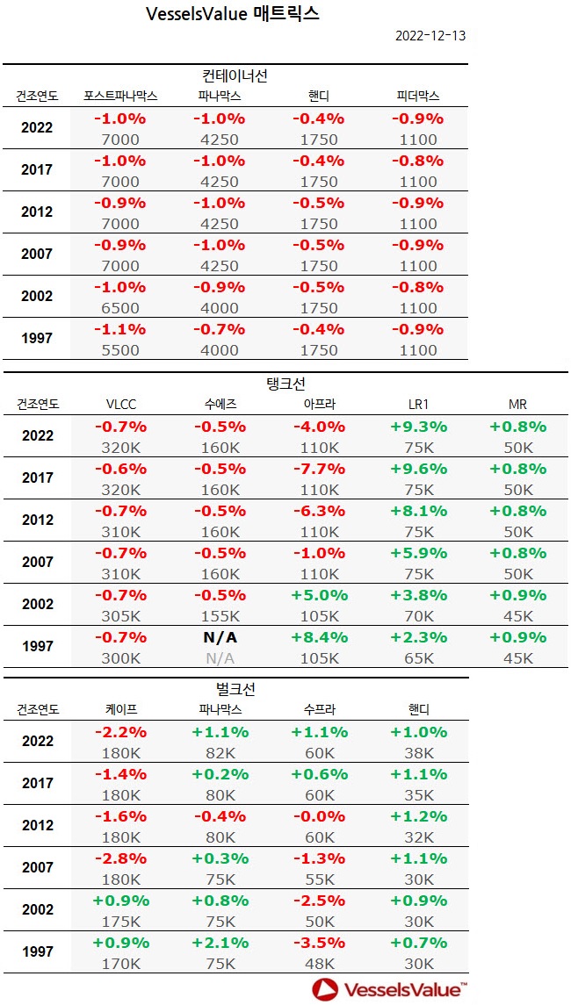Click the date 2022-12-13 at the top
click(430, 36)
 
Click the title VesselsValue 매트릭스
click(232, 14)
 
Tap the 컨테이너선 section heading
click(235, 75)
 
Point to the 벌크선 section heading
click(235, 689)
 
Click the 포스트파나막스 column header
click(120, 96)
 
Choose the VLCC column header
click(120, 405)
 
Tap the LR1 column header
click(417, 405)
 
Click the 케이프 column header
click(120, 710)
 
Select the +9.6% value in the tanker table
click(417, 469)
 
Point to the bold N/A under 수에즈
click(219, 637)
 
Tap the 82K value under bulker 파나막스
click(219, 753)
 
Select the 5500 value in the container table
click(120, 350)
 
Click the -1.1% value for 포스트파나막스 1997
click(120, 329)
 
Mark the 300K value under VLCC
click(120, 658)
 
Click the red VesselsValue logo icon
click(325, 989)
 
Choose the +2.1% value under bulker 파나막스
click(219, 943)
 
